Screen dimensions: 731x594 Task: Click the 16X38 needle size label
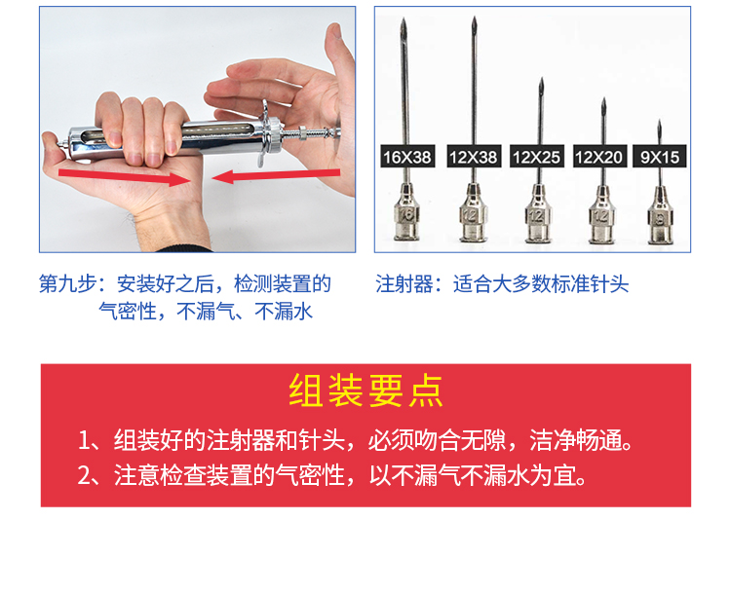pyautogui.click(x=408, y=156)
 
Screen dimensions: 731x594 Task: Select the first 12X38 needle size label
pyautogui.click(x=474, y=156)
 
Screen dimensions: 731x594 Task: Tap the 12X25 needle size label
pyautogui.click(x=537, y=156)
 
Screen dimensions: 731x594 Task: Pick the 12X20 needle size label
pyautogui.click(x=599, y=156)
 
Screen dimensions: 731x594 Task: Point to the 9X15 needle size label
pyautogui.click(x=660, y=156)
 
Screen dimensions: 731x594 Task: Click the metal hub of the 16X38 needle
pyautogui.click(x=407, y=212)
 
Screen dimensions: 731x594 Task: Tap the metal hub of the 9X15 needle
pyautogui.click(x=660, y=215)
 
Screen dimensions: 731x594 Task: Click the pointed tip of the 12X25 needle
pyautogui.click(x=541, y=79)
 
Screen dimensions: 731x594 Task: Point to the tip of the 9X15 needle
pyautogui.click(x=659, y=121)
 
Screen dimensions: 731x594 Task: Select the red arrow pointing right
pyautogui.click(x=124, y=177)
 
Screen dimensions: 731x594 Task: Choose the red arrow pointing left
pyautogui.click(x=276, y=175)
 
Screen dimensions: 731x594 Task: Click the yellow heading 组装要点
pyautogui.click(x=365, y=390)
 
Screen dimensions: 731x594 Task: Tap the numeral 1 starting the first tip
pyautogui.click(x=84, y=440)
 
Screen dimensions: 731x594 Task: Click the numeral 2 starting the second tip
pyautogui.click(x=85, y=475)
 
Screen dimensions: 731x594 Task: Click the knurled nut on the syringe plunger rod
pyautogui.click(x=302, y=133)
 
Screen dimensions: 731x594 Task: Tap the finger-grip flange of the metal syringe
pyautogui.click(x=269, y=131)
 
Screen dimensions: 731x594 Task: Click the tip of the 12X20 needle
pyautogui.click(x=603, y=99)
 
